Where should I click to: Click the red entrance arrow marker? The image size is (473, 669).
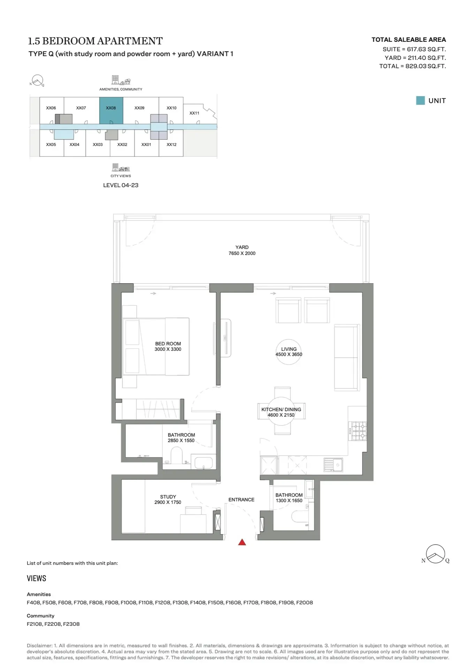pos(242,542)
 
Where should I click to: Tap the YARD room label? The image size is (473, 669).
pos(242,247)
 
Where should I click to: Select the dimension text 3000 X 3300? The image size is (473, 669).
pos(168,349)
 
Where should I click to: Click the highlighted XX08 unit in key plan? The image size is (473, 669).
pos(111,110)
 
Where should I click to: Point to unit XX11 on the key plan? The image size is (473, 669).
pos(194,113)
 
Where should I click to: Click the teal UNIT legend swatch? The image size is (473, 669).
pos(420,101)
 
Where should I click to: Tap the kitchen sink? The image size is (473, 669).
pos(334,465)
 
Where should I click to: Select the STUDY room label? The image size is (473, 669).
pos(168,497)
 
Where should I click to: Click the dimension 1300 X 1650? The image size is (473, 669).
pos(289,500)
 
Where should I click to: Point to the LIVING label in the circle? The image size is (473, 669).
pos(289,349)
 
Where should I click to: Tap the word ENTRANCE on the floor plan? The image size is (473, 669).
pos(241,500)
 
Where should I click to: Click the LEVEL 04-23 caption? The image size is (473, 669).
pos(121,185)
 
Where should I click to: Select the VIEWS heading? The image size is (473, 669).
pos(37,578)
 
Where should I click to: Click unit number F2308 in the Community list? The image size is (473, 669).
pos(71,624)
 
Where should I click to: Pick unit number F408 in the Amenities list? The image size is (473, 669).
pos(34,602)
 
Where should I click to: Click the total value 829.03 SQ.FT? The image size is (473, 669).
pos(426,66)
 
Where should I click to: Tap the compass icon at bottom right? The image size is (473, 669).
pos(436,554)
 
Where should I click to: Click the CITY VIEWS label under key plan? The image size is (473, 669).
pos(121,176)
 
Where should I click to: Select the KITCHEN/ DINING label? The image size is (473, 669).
pos(281,409)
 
